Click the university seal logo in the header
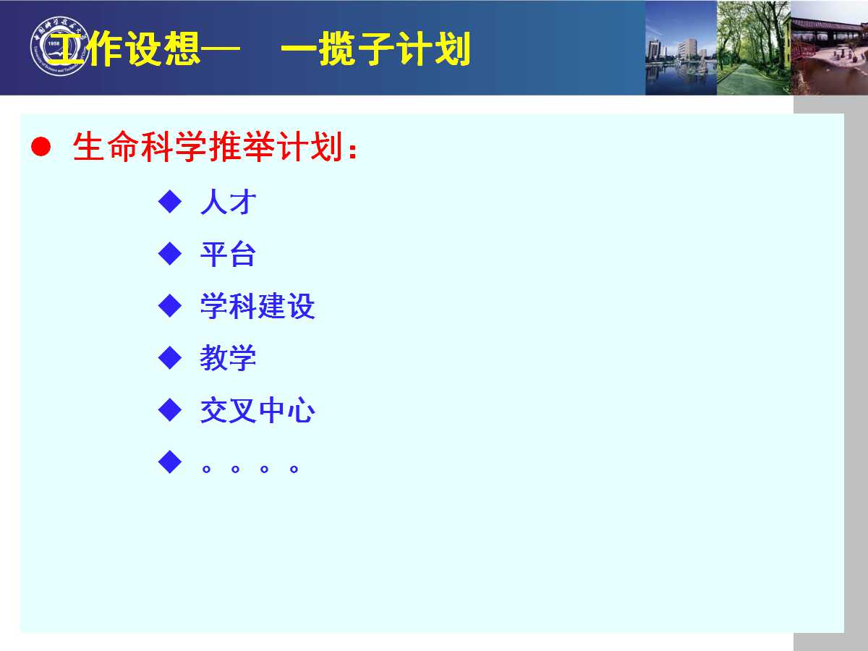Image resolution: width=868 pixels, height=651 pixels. pos(60,46)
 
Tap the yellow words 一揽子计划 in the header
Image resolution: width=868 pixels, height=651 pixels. pos(375,48)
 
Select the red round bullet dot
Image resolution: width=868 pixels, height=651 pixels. pos(41,147)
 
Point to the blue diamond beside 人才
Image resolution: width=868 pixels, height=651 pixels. pos(170,201)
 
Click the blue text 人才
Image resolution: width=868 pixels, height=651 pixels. pos(229,202)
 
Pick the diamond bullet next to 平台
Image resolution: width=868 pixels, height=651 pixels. pos(170,253)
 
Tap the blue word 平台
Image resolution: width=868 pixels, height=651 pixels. pos(228,254)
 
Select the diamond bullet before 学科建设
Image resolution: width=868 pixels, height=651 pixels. pos(170,305)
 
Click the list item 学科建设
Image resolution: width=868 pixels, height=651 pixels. pos(258,306)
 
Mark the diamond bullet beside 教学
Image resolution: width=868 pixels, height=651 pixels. pos(170,358)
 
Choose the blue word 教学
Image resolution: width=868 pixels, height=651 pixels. pos(228,358)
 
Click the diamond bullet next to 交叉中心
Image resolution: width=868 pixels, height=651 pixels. pos(170,410)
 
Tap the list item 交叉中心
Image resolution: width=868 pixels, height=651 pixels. pos(258,410)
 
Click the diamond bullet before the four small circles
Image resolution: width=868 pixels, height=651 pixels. pos(170,461)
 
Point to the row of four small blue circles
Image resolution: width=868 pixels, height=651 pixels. pos(250,469)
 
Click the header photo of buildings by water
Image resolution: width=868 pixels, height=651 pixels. pos(681,48)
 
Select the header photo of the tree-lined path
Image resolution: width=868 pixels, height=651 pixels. pos(754,48)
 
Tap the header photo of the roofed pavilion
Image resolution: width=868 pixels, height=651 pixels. pos(829,48)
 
